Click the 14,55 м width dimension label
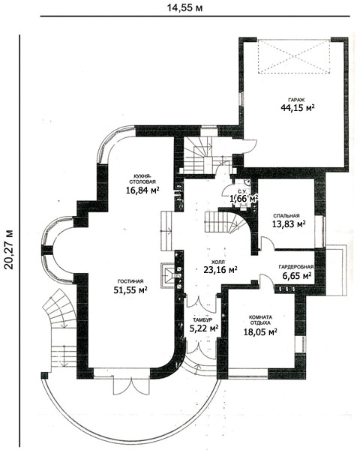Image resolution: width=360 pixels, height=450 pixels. pos(185,7)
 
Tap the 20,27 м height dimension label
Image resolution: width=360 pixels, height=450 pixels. pos(9,249)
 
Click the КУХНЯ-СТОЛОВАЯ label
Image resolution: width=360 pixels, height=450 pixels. pos(142,178)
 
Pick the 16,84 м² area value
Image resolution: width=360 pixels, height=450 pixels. pos(142,190)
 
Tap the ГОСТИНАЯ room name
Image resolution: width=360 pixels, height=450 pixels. pos(130,281)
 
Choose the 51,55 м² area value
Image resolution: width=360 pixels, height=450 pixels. pos(130,289)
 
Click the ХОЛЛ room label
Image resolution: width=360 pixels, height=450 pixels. pos(218,262)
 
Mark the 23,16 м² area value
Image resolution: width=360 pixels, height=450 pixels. pos(220,269)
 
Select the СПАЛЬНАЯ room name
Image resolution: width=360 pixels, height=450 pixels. pos(286,216)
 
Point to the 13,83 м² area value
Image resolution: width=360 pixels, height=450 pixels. pos(289,223)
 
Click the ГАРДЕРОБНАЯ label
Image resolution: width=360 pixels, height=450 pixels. pos(296,267)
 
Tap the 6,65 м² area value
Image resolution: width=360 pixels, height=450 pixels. pos(297,276)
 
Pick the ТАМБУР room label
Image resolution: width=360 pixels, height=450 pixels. pos(202,319)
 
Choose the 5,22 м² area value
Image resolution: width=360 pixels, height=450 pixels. pos(204,328)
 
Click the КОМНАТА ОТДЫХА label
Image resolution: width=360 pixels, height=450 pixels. pos(260,320)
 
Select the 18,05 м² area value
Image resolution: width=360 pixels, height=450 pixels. pos(260,332)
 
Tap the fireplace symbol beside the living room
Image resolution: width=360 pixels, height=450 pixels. pos(168,275)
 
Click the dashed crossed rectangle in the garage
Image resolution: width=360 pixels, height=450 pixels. pos(294,56)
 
